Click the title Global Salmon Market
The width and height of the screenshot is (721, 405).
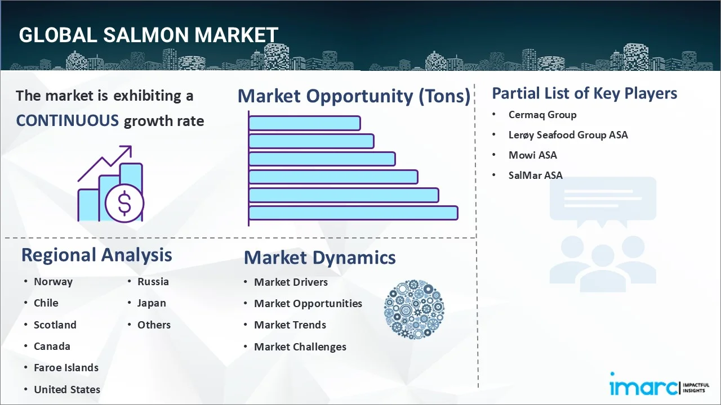pos(148,35)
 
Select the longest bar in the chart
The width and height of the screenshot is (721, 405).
pos(353,213)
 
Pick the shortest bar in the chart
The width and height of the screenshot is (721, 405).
pos(304,123)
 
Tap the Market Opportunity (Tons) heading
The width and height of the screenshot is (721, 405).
pos(354,96)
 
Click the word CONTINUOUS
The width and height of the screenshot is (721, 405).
pos(67,120)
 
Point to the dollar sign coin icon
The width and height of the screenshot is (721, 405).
pos(124,202)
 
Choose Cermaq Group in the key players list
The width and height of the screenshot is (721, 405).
pos(542,115)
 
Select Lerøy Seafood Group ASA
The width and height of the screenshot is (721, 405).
pos(568,135)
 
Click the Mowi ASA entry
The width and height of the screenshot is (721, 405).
pos(532,155)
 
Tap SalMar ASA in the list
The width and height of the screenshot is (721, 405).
pos(535,175)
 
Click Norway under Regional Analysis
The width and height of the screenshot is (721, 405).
pos(53,282)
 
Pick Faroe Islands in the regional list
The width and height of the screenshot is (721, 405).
pos(66,368)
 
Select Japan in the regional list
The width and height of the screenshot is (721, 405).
pos(152,303)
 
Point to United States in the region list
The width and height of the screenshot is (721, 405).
pos(66,389)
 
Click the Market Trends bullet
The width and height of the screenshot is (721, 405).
pos(290,325)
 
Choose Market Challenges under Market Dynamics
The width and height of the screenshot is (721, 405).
pos(300,347)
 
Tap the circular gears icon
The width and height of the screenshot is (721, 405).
pos(414,309)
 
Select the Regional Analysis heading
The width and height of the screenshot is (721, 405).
pos(96,255)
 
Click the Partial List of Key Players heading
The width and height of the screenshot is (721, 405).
pos(584,93)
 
